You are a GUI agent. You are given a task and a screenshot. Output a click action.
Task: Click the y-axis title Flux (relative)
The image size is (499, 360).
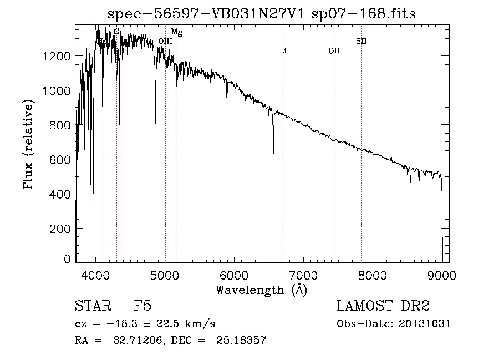tap(28, 144)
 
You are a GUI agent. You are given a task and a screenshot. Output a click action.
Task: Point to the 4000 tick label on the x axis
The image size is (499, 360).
tap(96, 273)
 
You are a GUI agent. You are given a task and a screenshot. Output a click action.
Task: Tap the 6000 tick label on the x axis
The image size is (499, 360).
tap(235, 273)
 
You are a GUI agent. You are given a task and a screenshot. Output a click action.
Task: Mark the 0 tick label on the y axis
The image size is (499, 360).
tap(67, 259)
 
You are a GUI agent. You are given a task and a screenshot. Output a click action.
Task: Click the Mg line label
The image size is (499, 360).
tap(176, 33)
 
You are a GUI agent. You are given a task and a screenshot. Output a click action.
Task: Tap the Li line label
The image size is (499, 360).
tap(283, 51)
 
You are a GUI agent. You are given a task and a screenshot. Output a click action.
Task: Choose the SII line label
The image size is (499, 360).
tap(361, 41)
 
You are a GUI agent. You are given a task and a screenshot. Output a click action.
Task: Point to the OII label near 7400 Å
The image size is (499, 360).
tap(334, 51)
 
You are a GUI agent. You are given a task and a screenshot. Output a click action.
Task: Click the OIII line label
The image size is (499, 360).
tap(165, 41)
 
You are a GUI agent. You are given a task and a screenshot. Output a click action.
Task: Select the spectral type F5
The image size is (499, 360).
tap(142, 306)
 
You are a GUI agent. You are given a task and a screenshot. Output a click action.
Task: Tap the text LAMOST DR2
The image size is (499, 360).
tap(383, 306)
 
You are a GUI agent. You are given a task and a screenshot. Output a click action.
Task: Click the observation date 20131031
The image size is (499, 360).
tap(424, 324)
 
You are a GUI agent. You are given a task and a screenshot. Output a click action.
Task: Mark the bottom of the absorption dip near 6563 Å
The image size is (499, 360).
tap(273, 153)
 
